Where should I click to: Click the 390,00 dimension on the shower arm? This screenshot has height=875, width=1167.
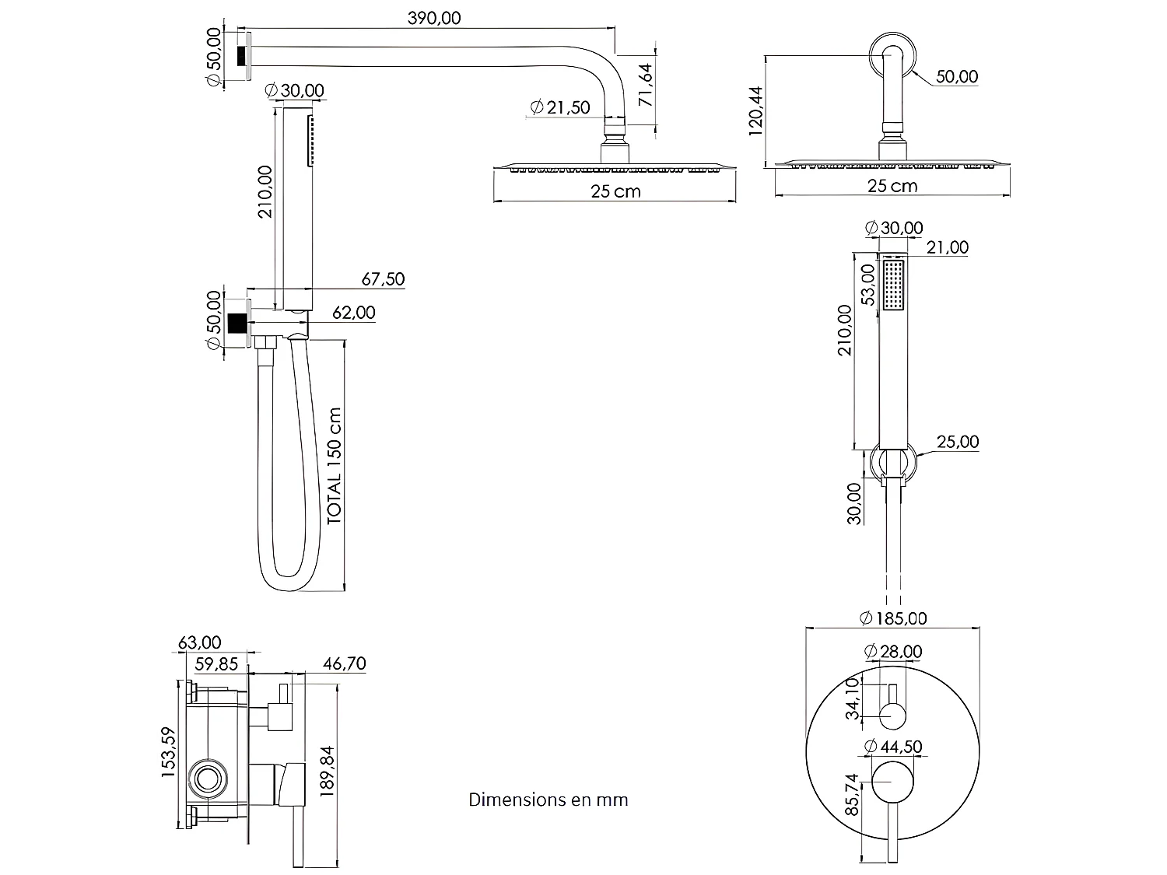pos(434,19)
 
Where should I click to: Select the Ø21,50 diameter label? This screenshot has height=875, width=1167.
pos(560,107)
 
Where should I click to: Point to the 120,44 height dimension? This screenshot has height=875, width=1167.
pos(757,110)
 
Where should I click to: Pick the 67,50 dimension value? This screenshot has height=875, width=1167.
pos(383,278)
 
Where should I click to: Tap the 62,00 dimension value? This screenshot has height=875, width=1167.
pos(354,313)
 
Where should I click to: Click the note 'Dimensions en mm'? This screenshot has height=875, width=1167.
pos(548,800)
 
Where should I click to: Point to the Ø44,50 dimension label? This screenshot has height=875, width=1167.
pos(894,747)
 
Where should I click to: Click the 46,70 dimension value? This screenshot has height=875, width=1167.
pos(344,663)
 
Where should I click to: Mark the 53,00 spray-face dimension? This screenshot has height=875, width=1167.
pos(869,284)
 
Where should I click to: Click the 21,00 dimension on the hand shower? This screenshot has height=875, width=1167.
pos(948,247)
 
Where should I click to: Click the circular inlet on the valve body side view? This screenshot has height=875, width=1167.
pos(208,779)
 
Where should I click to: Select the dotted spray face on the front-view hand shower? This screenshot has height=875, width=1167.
pos(893,285)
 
